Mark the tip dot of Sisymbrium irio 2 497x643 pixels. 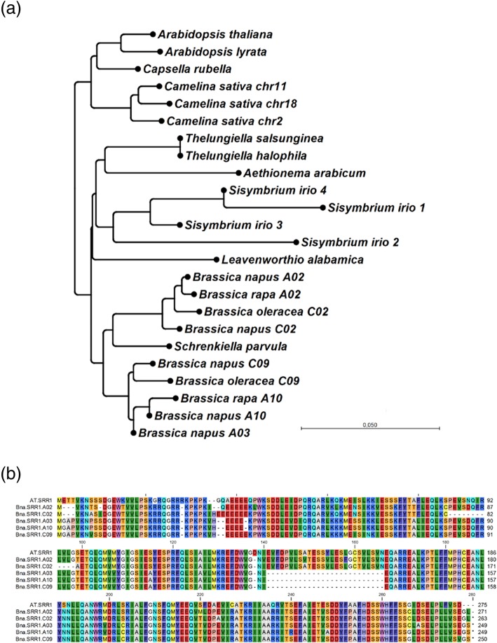pos(297,242)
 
